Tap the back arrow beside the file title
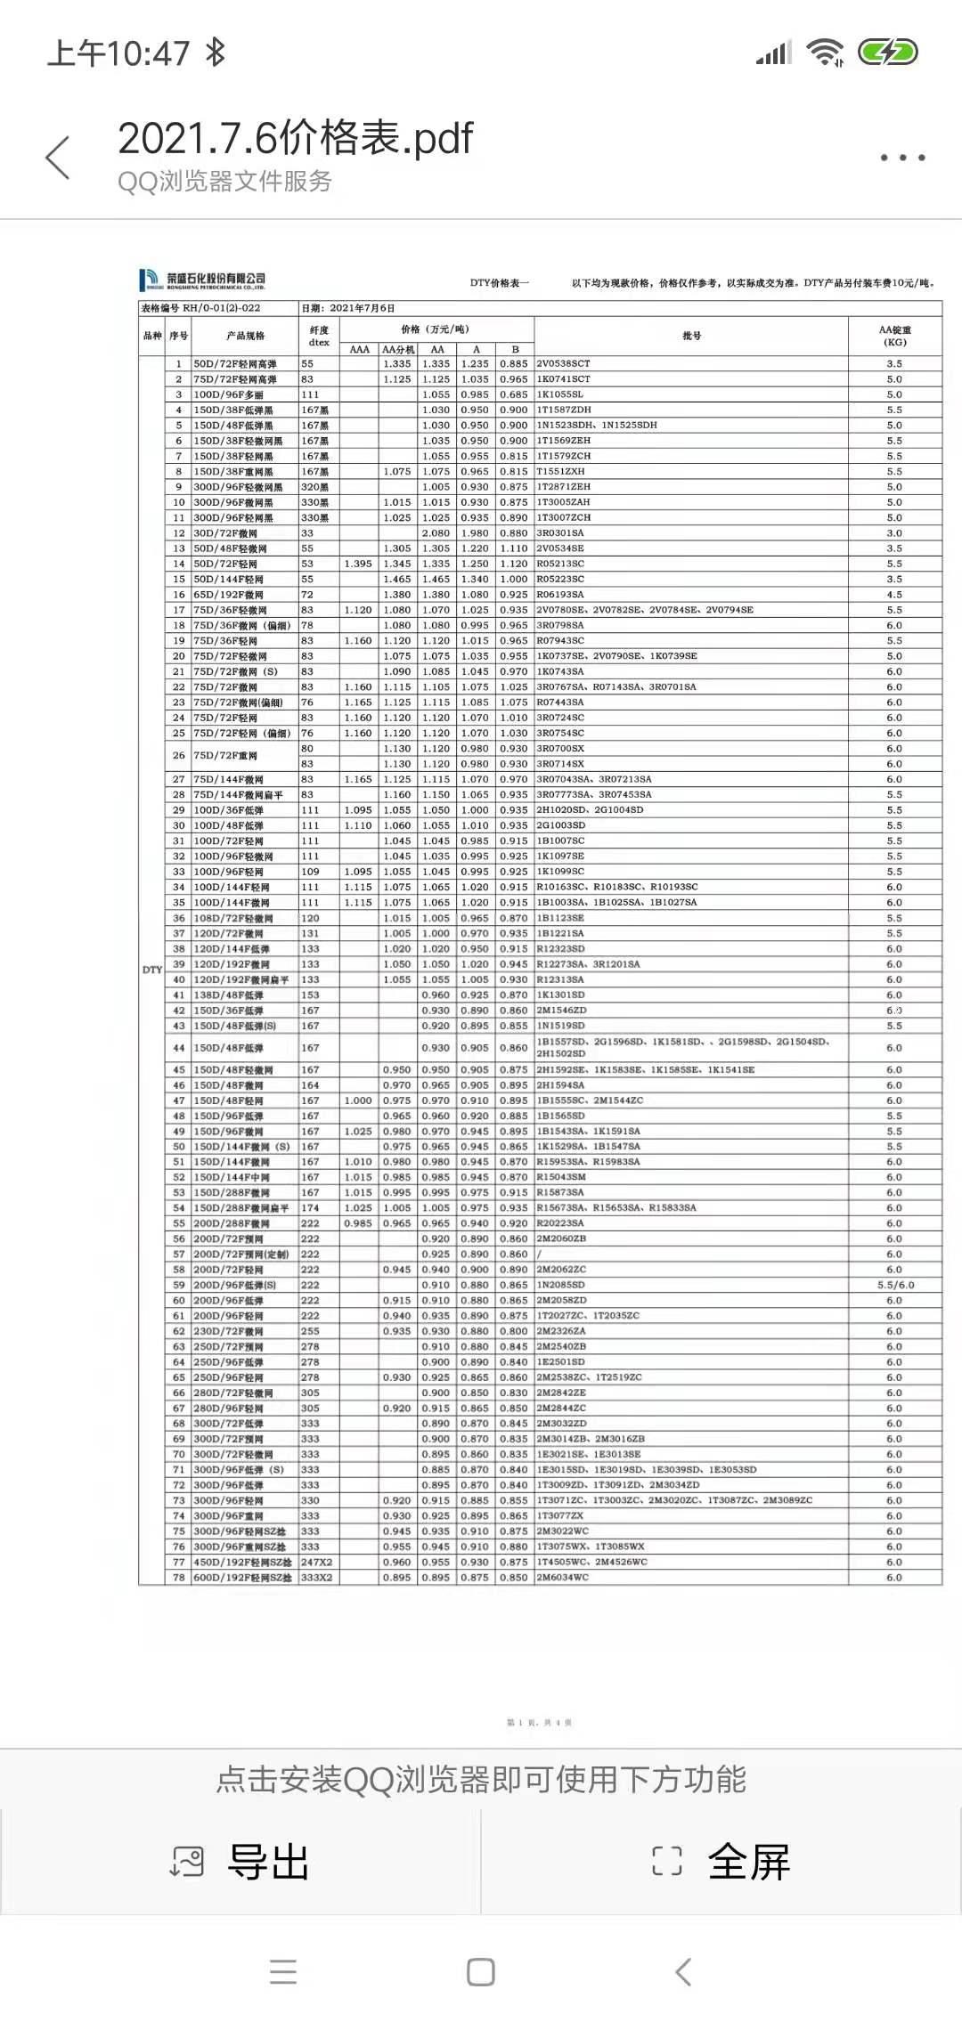coord(58,158)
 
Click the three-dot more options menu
coord(902,158)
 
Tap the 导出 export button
coord(240,1862)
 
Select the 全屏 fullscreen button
coord(721,1862)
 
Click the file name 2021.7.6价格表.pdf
coord(295,138)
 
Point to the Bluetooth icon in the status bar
coord(215,53)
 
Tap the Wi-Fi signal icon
coord(825,53)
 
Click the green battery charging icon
coord(887,53)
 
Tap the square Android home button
coord(481,1972)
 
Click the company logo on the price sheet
coord(202,280)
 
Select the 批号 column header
coord(691,336)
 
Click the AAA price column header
coord(359,350)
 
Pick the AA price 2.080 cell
coord(436,533)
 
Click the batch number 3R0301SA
coord(560,533)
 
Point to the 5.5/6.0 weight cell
coord(895,1286)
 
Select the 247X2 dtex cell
coord(316,1562)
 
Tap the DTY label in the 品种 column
coord(152,970)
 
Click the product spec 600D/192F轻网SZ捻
coord(242,1578)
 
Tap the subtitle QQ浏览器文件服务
coord(224,182)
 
